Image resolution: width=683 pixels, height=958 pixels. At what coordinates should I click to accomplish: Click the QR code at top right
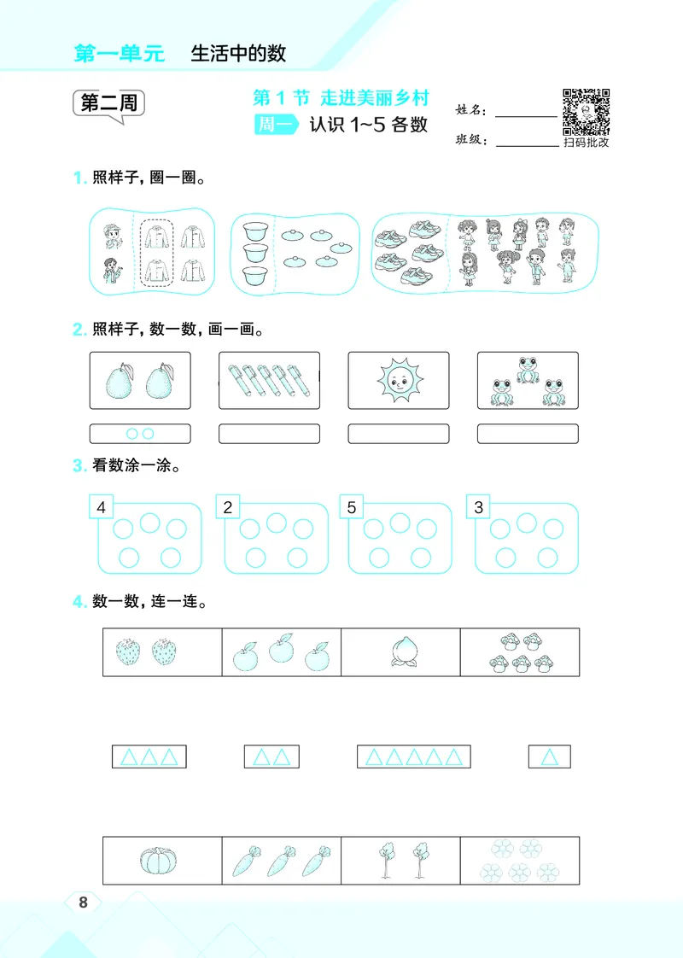(586, 112)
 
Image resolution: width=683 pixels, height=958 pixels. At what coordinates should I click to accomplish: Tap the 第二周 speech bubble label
(108, 104)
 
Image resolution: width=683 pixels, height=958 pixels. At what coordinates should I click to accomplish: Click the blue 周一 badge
(275, 125)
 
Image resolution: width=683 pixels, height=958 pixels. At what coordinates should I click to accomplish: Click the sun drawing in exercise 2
(398, 382)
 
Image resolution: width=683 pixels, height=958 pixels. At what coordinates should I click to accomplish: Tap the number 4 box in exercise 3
(102, 508)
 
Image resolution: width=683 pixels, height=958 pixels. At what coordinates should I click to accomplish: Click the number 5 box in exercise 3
(352, 508)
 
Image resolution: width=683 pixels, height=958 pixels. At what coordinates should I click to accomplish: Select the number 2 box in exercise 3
(227, 508)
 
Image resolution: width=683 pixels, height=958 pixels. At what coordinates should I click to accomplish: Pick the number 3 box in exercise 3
(478, 508)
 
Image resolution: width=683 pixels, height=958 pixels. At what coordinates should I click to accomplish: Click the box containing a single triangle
(550, 756)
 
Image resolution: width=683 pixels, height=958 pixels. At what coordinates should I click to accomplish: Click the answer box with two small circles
(140, 434)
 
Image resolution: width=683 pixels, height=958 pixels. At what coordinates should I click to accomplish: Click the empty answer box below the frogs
(527, 434)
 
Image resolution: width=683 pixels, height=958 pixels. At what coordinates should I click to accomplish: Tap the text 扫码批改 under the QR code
(586, 143)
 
